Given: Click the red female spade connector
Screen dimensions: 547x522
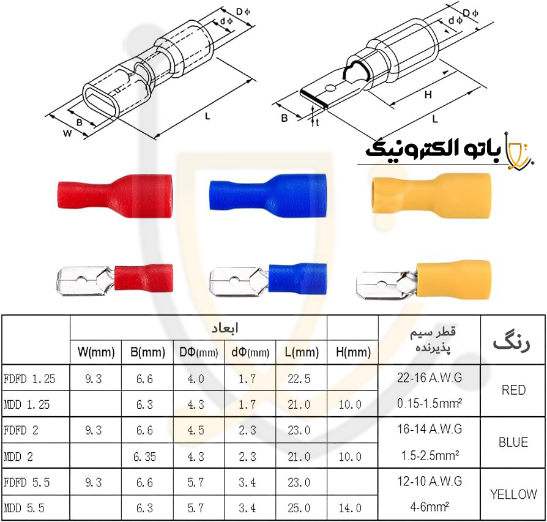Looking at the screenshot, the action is coord(115,196).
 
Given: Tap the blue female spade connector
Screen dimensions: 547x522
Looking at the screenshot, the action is coord(268,195).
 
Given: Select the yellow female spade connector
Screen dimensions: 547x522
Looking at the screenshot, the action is coord(431,195).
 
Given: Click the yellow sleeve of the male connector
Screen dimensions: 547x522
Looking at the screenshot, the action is coord(453,278).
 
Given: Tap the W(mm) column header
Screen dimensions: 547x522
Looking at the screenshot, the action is coord(96,352).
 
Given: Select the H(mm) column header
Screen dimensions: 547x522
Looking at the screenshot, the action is coord(353,352).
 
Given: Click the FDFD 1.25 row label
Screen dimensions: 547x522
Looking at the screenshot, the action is coord(29,379).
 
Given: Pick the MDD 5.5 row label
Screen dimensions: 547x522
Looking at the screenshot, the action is coord(24,508).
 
